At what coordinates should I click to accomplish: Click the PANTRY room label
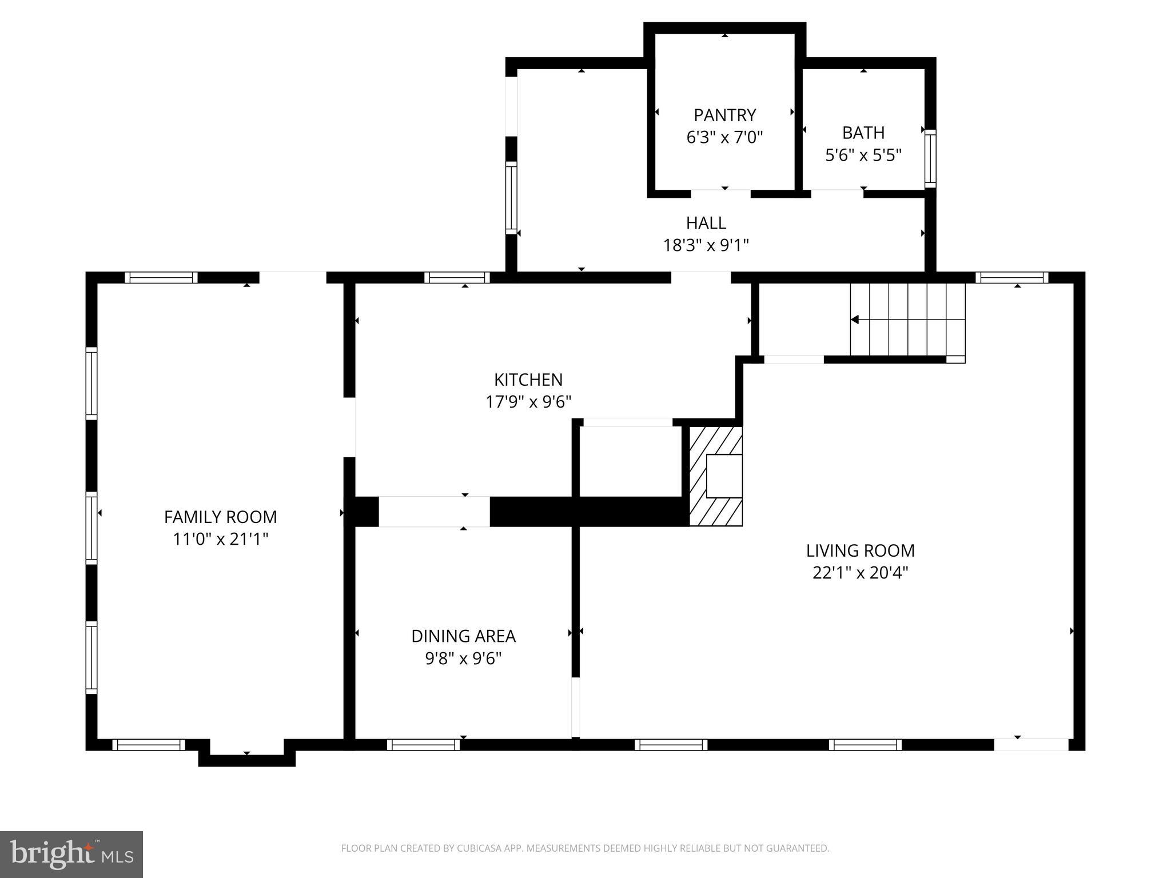click(724, 115)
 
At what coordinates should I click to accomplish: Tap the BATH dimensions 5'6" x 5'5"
click(863, 155)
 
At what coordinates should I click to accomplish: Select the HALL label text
click(706, 222)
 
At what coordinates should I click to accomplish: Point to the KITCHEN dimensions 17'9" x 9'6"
click(528, 402)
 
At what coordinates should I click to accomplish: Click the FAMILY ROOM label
click(220, 517)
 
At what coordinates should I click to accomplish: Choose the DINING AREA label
click(463, 636)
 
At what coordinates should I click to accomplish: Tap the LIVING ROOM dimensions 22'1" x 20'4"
click(860, 572)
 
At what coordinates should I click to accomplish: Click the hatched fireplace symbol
click(715, 476)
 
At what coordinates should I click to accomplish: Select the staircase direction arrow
click(855, 320)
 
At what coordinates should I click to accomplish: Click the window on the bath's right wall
click(930, 158)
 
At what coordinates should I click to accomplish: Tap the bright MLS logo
click(71, 854)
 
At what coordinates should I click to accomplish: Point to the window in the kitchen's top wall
click(457, 278)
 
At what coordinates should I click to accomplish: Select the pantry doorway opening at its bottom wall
click(720, 193)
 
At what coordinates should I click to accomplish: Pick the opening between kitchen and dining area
click(434, 512)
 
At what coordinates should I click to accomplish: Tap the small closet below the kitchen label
click(629, 462)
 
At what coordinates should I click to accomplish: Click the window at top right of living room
click(1011, 278)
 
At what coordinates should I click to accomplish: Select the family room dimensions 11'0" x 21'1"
click(220, 539)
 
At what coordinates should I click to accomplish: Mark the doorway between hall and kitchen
click(700, 278)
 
